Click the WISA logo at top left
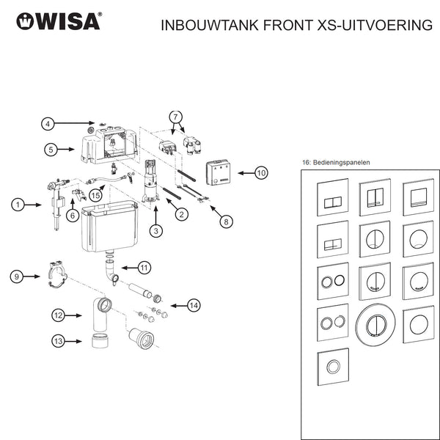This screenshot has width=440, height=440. tap(59, 21)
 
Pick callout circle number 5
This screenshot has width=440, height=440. tap(51, 150)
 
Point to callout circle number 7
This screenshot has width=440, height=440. tap(175, 117)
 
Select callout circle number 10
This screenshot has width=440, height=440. tap(260, 174)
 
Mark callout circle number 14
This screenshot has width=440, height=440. tap(193, 304)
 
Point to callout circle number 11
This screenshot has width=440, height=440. tap(144, 267)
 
